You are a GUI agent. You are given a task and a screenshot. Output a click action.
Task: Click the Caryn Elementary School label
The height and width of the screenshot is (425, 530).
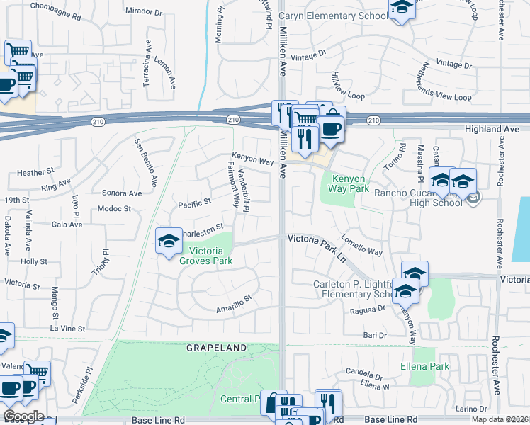point(333,16)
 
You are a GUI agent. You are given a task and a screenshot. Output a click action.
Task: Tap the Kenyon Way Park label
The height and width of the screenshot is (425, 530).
point(349,183)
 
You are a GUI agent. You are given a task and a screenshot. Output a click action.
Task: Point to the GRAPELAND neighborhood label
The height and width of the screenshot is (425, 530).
point(216,348)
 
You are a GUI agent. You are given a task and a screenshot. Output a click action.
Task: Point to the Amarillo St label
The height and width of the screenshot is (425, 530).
point(233,304)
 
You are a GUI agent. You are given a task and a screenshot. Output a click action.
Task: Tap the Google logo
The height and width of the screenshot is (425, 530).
point(23,416)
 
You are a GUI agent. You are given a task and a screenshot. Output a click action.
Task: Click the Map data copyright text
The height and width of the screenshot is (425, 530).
point(500,419)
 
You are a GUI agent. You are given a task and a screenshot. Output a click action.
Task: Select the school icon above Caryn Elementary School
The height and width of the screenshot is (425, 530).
point(402,9)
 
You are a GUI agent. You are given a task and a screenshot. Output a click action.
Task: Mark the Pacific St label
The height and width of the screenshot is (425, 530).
point(195,202)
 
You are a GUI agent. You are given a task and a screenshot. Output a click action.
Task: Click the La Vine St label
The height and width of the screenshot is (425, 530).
point(67,329)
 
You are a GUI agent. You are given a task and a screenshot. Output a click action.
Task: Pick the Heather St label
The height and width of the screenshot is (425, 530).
point(36,172)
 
